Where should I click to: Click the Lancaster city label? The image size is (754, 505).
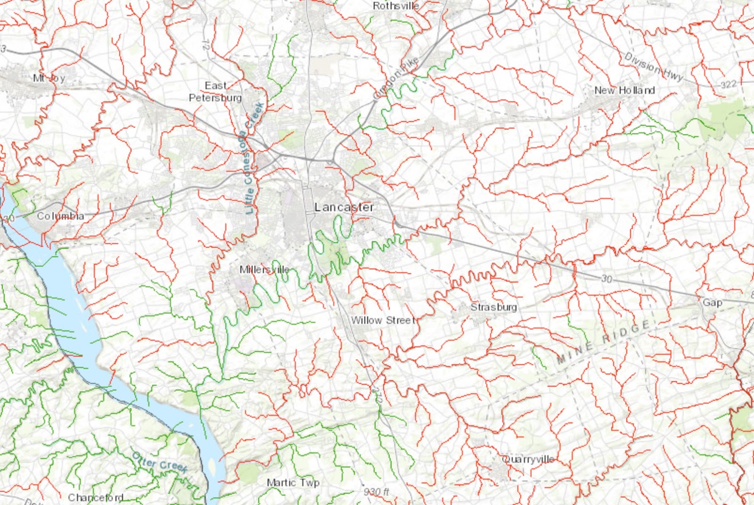[x=344, y=207]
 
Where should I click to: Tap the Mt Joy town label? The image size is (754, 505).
[x=49, y=78]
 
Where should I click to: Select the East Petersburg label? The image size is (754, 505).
[x=215, y=92]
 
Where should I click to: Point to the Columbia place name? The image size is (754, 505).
[x=60, y=216]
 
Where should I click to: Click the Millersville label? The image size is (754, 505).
[x=264, y=269]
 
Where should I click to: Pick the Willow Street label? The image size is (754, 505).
[x=384, y=320]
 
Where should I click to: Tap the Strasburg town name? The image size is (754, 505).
[x=493, y=307]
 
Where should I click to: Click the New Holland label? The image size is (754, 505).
[x=624, y=90]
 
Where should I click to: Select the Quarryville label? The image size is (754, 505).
[x=528, y=459]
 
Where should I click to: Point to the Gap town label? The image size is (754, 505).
[x=712, y=302]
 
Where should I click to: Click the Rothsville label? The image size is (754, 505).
[x=395, y=6]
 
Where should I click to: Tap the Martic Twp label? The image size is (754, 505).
[x=293, y=482]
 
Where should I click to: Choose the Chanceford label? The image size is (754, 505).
[x=96, y=497]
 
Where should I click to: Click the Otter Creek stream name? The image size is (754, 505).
[x=160, y=462]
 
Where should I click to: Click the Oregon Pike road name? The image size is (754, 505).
[x=396, y=78]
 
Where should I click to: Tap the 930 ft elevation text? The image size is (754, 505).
[x=377, y=492]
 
